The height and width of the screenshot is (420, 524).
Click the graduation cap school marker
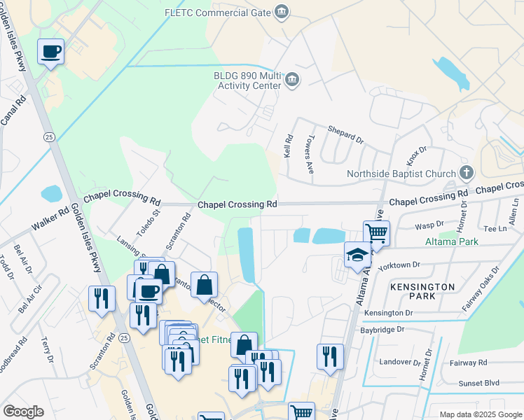(x=357, y=255)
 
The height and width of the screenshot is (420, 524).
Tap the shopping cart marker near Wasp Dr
(x=376, y=232)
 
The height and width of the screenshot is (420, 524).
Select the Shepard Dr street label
(x=346, y=134)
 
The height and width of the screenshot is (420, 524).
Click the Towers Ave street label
(x=308, y=155)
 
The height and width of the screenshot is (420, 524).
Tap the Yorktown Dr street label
(x=398, y=266)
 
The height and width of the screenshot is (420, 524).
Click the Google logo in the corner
(x=23, y=411)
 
